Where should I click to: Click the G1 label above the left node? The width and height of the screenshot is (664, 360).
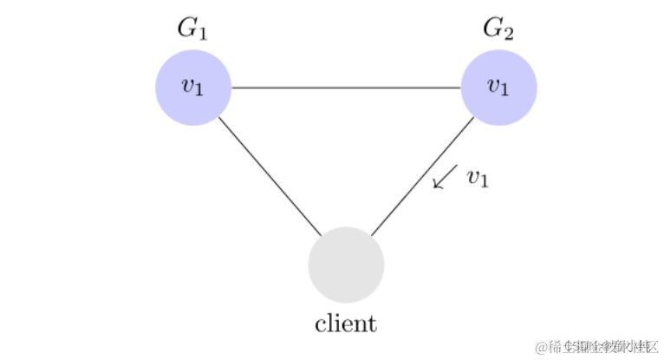point(192,29)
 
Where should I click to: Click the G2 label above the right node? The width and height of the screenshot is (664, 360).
point(498,29)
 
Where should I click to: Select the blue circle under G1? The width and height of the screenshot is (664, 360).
point(192,88)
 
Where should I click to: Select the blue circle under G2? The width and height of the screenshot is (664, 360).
point(498,88)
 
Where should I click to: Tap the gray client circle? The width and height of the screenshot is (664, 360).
point(346,265)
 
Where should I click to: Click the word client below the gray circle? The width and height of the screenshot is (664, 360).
point(346,324)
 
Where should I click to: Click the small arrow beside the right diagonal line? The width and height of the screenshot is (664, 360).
point(445,176)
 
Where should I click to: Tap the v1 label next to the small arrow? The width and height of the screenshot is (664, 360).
point(478,179)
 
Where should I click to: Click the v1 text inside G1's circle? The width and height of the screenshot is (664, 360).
point(192,87)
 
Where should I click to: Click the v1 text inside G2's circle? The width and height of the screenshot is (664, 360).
point(498,87)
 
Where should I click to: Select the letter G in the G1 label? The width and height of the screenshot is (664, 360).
point(186,28)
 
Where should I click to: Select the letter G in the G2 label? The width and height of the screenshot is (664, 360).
point(492,28)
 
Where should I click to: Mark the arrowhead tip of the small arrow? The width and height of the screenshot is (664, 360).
point(434,187)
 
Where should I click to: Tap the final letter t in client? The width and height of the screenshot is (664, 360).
point(373,324)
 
